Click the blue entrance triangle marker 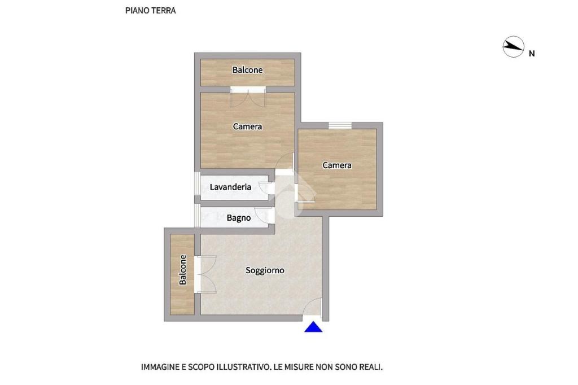(313, 327)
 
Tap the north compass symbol (513, 47)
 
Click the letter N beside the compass (532, 54)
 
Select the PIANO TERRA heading (150, 10)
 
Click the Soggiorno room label (265, 270)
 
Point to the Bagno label (239, 218)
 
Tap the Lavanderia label (230, 187)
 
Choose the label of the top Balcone (247, 69)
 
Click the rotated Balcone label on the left (182, 270)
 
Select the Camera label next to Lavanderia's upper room (247, 126)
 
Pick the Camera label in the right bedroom (337, 165)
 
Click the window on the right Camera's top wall (340, 126)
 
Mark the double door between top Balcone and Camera (248, 97)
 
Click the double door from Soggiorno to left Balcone (205, 274)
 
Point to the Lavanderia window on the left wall (198, 183)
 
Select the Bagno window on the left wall (198, 216)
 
